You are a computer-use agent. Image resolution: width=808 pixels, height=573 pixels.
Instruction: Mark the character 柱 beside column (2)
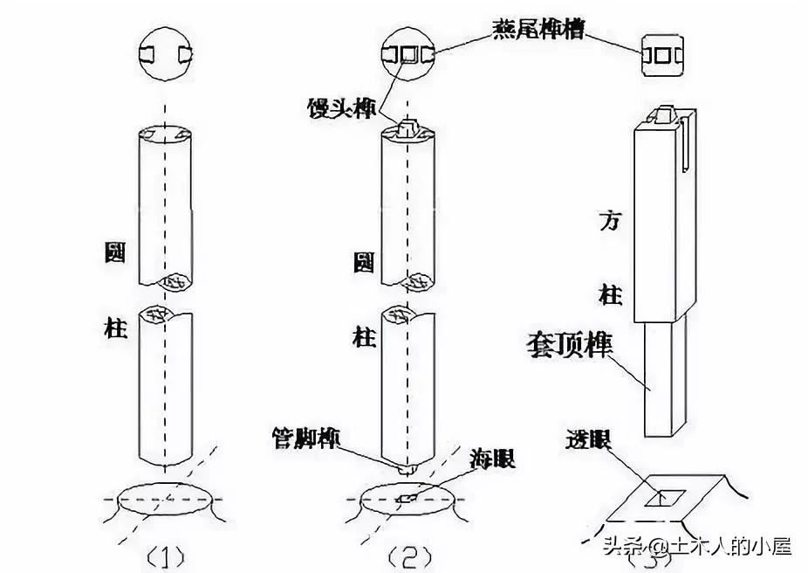click(365, 336)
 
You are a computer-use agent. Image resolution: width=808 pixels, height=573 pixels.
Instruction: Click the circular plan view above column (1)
click(166, 53)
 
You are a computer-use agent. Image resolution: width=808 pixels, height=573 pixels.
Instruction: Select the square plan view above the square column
click(663, 53)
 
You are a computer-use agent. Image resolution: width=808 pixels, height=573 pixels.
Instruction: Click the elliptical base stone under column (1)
click(166, 500)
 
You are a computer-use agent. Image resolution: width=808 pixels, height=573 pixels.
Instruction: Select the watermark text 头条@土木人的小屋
click(695, 547)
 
